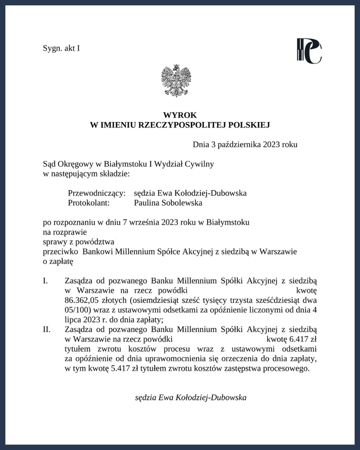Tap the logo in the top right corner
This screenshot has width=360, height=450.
tap(308, 50)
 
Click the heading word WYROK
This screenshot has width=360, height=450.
tap(180, 115)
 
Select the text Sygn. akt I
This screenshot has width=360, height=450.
tap(61, 48)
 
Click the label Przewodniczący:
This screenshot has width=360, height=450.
tap(96, 193)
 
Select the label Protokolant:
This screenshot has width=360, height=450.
tap(88, 203)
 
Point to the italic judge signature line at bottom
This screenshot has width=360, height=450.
tap(190, 397)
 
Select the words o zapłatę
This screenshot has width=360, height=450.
tap(58, 261)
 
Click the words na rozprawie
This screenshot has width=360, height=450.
tap(65, 231)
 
